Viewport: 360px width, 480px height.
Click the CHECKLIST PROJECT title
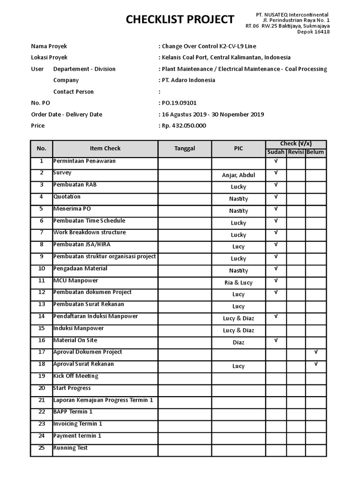click(180, 19)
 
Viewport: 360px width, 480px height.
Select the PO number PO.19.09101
click(180, 103)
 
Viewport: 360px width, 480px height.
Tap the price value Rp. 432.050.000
click(184, 126)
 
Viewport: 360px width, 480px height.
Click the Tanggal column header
click(185, 149)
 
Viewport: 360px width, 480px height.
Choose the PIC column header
click(239, 149)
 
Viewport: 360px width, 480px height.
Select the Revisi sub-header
click(296, 152)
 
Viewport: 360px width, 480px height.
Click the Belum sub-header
click(315, 152)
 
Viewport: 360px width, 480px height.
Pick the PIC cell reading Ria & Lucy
click(239, 283)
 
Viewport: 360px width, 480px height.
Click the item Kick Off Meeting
click(76, 376)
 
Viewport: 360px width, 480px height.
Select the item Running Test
click(70, 448)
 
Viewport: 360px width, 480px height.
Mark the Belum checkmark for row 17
click(316, 352)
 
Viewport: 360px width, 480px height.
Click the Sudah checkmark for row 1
click(276, 161)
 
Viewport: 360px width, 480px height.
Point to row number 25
click(41, 448)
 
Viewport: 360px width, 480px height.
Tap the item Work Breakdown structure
click(90, 232)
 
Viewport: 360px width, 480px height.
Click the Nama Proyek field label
click(49, 46)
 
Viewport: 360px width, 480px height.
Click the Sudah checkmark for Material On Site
click(276, 340)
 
